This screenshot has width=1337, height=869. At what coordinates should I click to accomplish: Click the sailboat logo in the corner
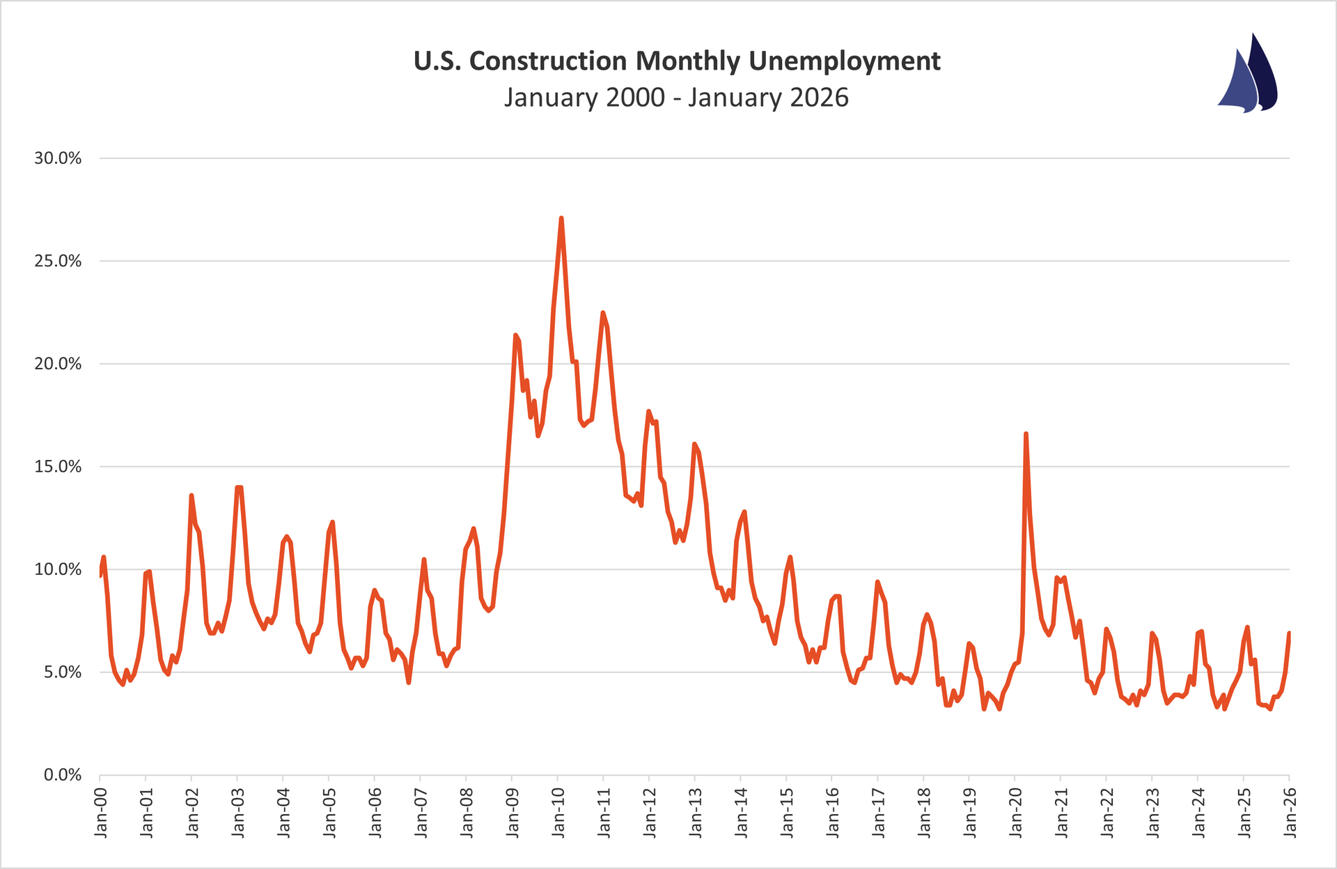pyautogui.click(x=1248, y=75)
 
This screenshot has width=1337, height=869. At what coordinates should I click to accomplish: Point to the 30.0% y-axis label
pyautogui.click(x=58, y=158)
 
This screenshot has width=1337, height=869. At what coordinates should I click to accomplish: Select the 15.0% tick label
pyautogui.click(x=58, y=467)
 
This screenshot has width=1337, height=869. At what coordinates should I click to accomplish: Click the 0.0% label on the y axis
pyautogui.click(x=62, y=775)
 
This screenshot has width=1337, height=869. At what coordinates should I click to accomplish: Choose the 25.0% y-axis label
pyautogui.click(x=58, y=261)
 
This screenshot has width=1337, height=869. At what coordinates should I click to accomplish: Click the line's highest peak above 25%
pyautogui.click(x=561, y=218)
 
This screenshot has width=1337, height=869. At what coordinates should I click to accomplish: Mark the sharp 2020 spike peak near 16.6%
pyautogui.click(x=1026, y=433)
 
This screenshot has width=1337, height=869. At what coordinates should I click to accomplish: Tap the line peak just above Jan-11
pyautogui.click(x=602, y=312)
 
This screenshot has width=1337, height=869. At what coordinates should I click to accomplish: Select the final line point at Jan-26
pyautogui.click(x=1289, y=633)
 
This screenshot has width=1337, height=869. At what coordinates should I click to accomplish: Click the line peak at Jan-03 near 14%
pyautogui.click(x=239, y=487)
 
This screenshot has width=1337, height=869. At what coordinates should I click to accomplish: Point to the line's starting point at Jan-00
pyautogui.click(x=100, y=576)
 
